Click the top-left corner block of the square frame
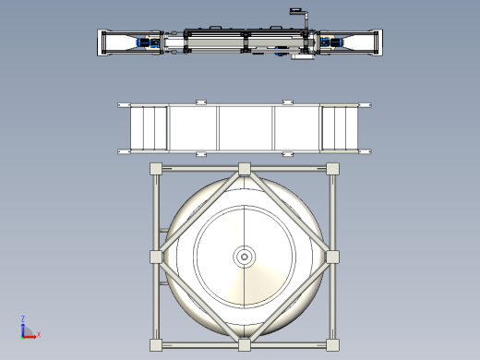[156, 169]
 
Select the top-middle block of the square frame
[245, 169]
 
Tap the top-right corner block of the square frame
[332, 169]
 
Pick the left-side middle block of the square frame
[156, 257]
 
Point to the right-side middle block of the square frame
[332, 257]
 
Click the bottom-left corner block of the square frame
[156, 345]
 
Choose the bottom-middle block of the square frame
[245, 345]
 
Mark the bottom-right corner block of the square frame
[332, 345]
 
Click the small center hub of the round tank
[245, 257]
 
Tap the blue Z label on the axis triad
[23, 318]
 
